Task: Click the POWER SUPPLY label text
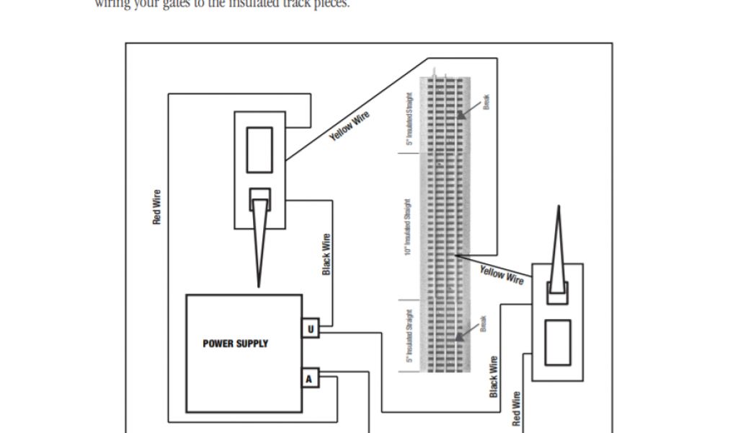point(235,344)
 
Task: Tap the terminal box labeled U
point(310,329)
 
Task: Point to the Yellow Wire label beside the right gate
point(502,274)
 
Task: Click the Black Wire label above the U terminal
point(326,254)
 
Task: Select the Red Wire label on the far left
point(156,206)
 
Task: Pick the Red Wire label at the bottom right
point(516,408)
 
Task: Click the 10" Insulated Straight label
point(408,227)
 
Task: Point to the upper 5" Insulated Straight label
point(409,119)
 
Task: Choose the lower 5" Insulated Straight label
point(409,335)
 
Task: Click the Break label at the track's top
point(487,104)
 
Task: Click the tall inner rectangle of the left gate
point(259,150)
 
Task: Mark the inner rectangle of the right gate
point(557,342)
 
